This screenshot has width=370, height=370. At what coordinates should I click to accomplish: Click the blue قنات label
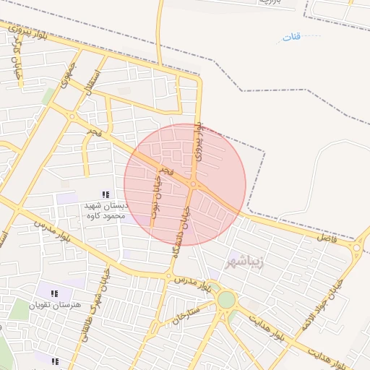click(x=291, y=37)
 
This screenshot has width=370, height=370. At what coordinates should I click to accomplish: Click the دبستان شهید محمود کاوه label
click(x=106, y=211)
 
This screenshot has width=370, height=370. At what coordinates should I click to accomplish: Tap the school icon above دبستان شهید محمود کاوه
click(x=106, y=195)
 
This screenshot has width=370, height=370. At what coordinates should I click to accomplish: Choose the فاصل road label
click(x=327, y=237)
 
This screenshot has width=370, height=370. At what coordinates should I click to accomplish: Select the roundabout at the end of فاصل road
click(x=357, y=247)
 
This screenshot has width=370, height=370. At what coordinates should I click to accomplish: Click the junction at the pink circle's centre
click(x=193, y=185)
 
